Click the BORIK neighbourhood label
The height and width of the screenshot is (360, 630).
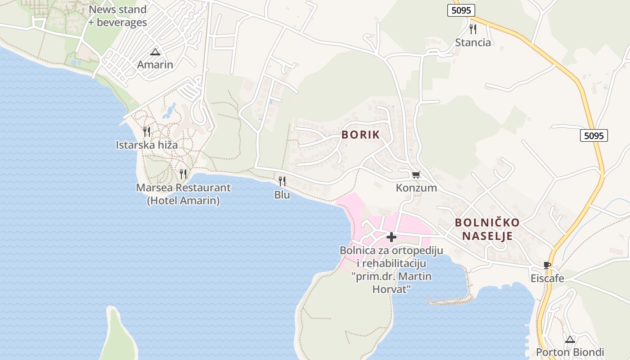point(360,135)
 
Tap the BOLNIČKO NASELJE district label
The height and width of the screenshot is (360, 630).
point(487,229)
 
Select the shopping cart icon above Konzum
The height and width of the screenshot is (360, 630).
point(416,174)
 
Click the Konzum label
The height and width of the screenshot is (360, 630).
point(416,188)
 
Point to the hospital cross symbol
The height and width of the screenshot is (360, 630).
point(391,237)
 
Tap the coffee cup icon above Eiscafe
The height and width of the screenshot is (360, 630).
point(547,265)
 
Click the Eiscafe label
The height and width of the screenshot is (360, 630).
point(547,278)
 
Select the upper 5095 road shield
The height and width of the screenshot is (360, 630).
point(461,10)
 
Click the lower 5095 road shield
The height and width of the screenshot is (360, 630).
point(594,135)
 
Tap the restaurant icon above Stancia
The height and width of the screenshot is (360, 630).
point(472,29)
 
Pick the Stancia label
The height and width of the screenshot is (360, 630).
point(473,42)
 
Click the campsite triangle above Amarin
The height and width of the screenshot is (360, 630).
point(155,52)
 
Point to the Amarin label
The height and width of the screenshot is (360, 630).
point(155,64)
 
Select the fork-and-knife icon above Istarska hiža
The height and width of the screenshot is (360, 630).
point(147,132)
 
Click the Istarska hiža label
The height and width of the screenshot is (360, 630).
point(147,145)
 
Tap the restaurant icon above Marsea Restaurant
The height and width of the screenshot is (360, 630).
point(183,174)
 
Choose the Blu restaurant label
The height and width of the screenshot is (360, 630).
point(282,195)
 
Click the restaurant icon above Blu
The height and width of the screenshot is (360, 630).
point(282,181)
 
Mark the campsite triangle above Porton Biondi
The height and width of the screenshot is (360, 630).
point(570,339)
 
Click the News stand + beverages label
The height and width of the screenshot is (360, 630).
point(117,16)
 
